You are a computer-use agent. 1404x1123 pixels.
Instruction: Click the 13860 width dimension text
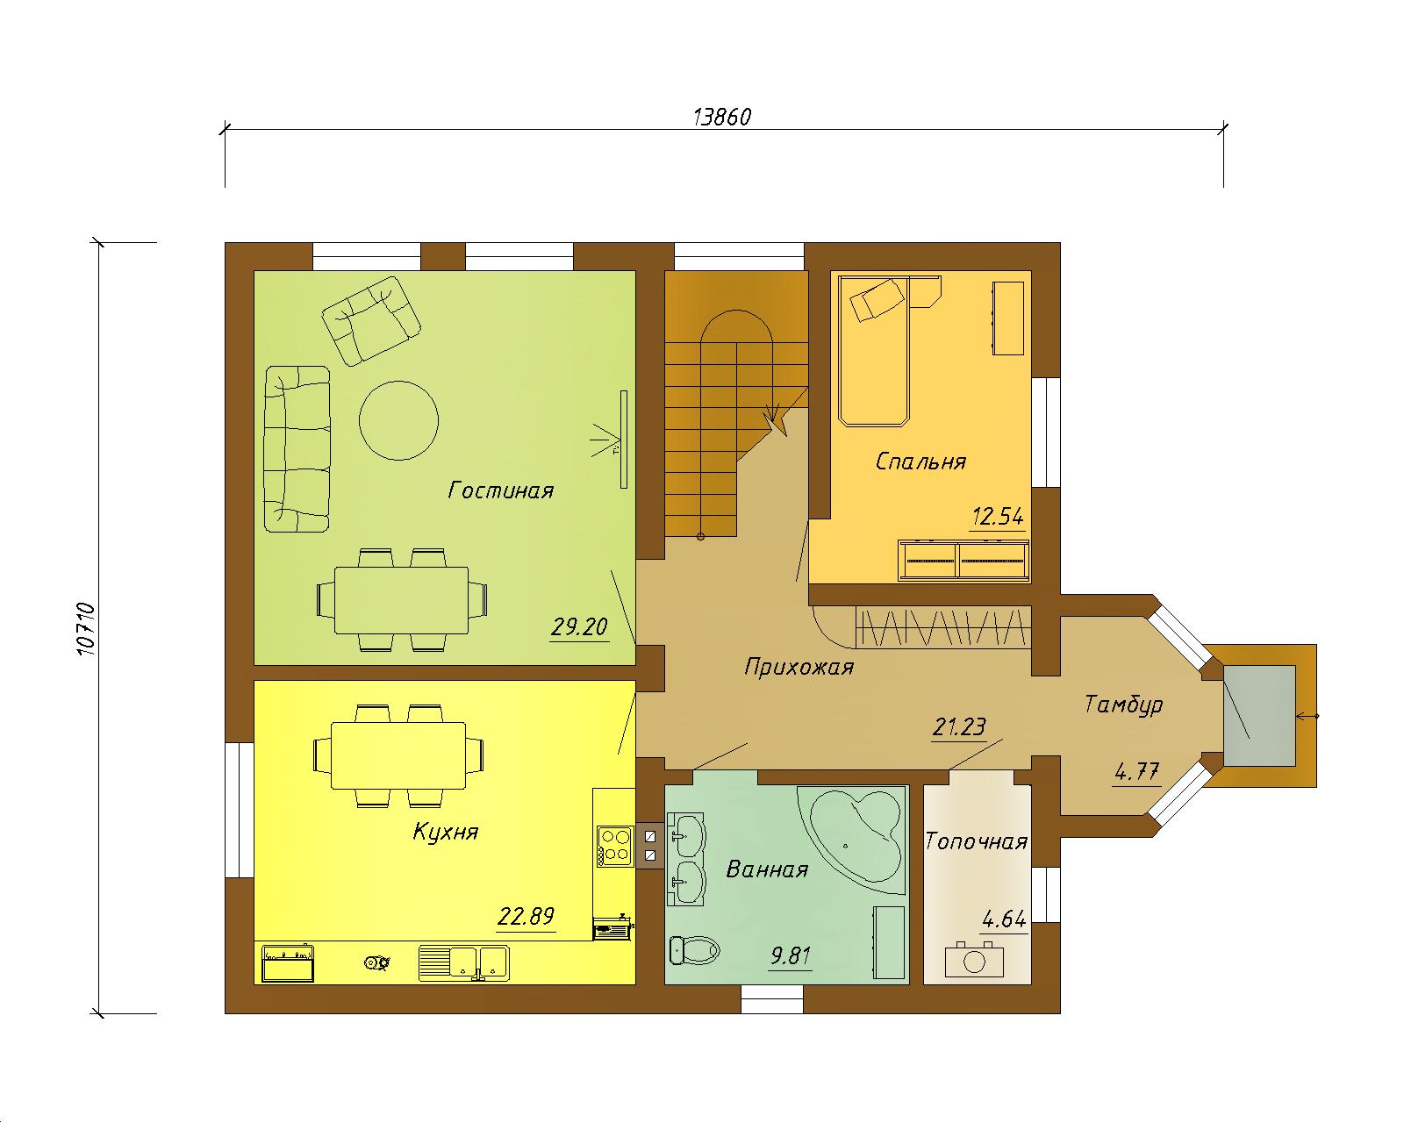721,117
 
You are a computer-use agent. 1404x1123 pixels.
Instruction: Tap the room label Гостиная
500,490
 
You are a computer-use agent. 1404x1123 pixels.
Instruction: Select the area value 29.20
578,627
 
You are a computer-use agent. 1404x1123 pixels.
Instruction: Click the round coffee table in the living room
398,421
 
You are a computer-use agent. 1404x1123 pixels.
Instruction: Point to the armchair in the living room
371,321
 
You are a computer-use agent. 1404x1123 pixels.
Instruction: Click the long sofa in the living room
297,449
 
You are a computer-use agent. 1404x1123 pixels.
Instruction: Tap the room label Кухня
446,832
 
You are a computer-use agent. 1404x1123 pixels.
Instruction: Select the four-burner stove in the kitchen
615,847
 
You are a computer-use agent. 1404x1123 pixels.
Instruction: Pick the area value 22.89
526,917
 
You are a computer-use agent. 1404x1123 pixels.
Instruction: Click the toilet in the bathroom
694,949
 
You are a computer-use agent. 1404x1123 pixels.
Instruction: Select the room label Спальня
920,461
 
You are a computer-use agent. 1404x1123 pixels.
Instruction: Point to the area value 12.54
998,517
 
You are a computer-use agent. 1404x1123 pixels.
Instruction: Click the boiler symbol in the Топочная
974,960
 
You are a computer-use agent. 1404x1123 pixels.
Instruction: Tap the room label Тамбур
1123,705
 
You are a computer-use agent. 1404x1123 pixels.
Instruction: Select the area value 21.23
958,727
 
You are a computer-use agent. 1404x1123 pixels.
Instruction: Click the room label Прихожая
799,667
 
